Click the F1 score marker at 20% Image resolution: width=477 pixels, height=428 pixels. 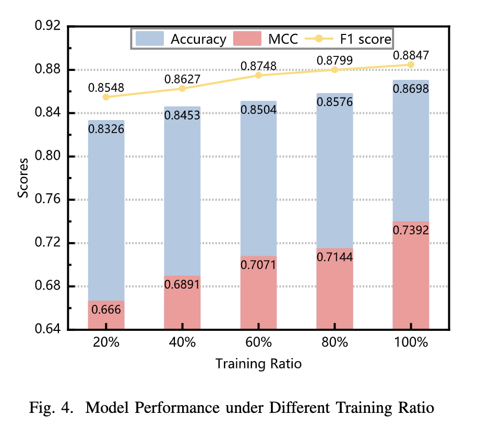pyautogui.click(x=106, y=97)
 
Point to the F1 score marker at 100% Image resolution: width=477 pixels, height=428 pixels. pyautogui.click(x=411, y=65)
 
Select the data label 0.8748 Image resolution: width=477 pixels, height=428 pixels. pyautogui.click(x=258, y=66)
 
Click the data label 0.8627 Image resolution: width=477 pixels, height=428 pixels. pyautogui.click(x=182, y=79)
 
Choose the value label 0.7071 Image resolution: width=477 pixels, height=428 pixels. pyautogui.click(x=258, y=265)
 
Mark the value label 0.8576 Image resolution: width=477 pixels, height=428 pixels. pyautogui.click(x=335, y=102)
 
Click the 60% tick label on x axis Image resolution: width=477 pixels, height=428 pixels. pyautogui.click(x=258, y=343)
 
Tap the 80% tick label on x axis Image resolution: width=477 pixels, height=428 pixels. pyautogui.click(x=335, y=343)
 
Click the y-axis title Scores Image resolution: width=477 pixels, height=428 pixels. pyautogui.click(x=23, y=178)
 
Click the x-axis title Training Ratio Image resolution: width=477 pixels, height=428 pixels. pyautogui.click(x=258, y=363)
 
